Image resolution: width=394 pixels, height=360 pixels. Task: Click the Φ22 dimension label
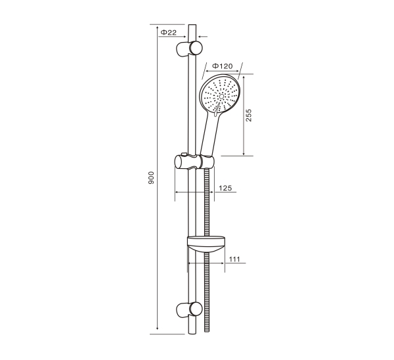click(x=169, y=32)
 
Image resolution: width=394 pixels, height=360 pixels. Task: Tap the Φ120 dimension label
click(x=223, y=66)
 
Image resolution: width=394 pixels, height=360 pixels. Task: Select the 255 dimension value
click(x=248, y=116)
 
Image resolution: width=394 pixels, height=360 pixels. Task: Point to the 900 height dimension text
click(x=151, y=178)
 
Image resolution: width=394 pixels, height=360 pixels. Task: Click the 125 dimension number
click(x=225, y=188)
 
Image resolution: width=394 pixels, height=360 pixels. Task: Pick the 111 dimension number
click(x=234, y=259)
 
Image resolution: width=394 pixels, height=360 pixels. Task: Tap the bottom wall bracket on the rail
click(x=189, y=309)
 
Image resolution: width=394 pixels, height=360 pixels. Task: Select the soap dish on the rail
click(x=206, y=244)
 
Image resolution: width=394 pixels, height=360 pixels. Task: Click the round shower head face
click(x=220, y=95)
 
